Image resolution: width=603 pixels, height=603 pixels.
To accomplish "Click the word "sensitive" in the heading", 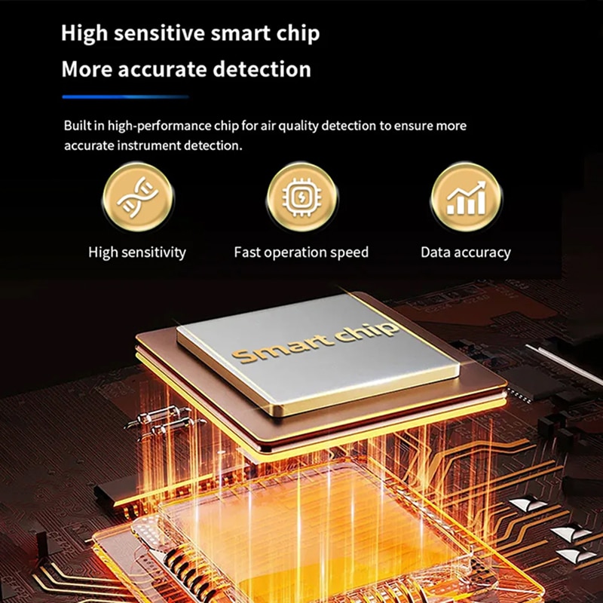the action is (159, 33).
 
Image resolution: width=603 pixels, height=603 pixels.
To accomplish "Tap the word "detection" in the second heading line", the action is (262, 69).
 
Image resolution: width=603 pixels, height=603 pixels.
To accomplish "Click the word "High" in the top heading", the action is (84, 34).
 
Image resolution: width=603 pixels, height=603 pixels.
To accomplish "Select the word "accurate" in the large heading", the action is (162, 70).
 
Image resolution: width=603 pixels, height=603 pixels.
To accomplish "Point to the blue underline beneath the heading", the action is (125, 97).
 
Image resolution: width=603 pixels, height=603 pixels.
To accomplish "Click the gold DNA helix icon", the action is (138, 197).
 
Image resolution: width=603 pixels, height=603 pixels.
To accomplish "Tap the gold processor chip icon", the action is (301, 197).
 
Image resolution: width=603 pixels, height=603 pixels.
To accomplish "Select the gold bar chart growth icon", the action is (466, 197).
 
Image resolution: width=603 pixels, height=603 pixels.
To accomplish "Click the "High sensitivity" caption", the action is (137, 253).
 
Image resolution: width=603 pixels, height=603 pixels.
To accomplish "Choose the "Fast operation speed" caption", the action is (301, 253).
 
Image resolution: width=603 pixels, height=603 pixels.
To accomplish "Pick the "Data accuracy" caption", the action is (466, 253).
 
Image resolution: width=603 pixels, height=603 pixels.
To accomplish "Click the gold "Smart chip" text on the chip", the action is (315, 342).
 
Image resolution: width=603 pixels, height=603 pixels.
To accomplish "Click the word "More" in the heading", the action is (87, 69).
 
